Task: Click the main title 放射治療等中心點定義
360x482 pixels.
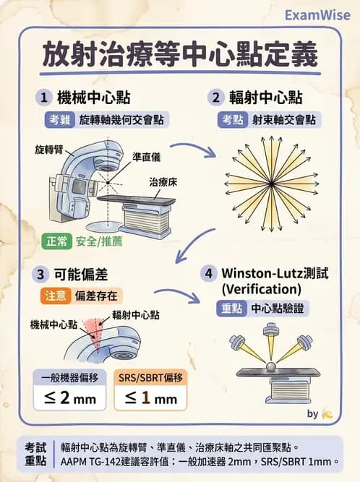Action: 181,55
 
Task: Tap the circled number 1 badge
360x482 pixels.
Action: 45,97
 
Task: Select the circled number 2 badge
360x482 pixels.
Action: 215,97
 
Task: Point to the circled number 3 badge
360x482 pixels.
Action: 40,274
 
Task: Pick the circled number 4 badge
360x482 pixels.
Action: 209,274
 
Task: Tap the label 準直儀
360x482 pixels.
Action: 146,156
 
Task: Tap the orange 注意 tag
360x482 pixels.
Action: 55,295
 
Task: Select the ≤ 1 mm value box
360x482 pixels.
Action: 150,397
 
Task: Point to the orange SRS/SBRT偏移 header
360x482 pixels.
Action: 150,376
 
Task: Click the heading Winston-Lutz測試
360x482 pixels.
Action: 275,274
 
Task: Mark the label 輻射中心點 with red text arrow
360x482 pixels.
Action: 136,314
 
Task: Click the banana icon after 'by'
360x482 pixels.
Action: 327,414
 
